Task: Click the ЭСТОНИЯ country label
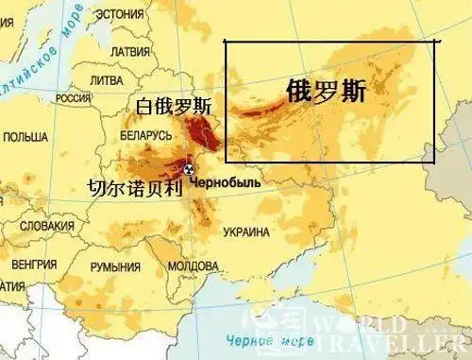tap(126, 14)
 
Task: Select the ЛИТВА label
tap(107, 81)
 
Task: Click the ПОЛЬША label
tap(25, 137)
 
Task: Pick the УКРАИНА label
tap(246, 231)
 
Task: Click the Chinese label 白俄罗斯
tap(175, 106)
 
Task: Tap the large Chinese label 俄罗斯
tap(326, 91)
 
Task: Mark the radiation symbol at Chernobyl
tap(189, 170)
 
